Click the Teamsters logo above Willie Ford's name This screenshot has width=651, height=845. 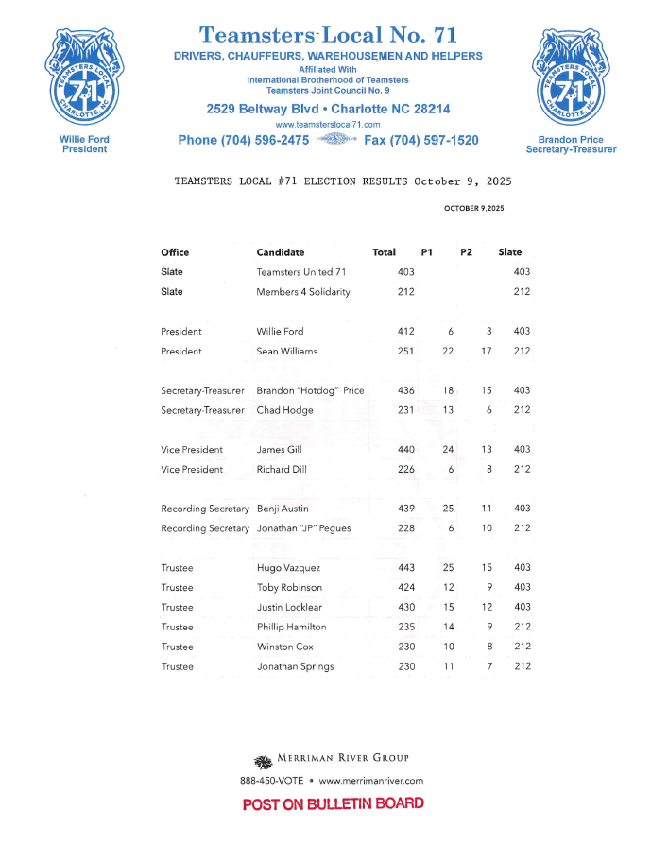point(84,79)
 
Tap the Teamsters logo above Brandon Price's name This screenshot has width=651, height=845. point(571,79)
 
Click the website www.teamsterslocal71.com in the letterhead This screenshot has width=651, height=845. point(328,125)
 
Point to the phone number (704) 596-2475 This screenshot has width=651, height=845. point(243,141)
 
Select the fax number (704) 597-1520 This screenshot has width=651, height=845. point(420,141)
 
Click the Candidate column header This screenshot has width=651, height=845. point(280,252)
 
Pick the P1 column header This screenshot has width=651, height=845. point(427,252)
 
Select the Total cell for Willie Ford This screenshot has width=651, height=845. point(405,332)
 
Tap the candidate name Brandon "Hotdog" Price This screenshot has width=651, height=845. point(310,391)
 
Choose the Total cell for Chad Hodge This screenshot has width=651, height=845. point(405,411)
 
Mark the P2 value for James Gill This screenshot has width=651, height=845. point(487,450)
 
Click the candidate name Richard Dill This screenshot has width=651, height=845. point(280,470)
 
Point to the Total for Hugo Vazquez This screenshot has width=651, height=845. point(405,568)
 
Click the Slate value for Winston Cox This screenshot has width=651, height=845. point(522,647)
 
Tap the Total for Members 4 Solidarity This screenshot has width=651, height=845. point(405,292)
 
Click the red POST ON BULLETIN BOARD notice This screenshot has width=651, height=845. point(333,804)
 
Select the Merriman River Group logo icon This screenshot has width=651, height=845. point(263,761)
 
